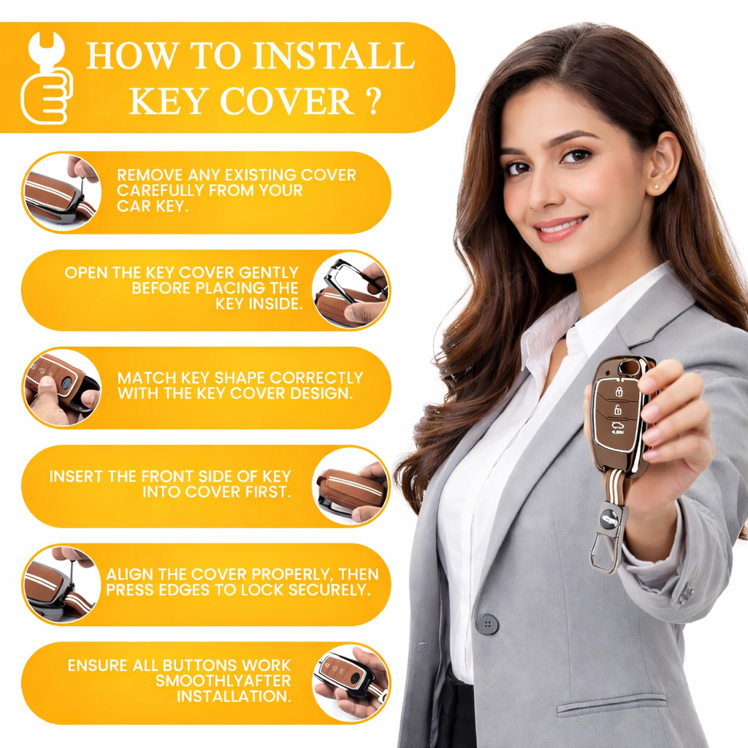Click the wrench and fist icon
[46, 77]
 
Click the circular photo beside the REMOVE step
[62, 192]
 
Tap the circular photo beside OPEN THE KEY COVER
[351, 291]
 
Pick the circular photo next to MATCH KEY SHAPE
[62, 387]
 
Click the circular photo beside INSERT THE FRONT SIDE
[351, 486]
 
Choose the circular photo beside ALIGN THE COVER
[62, 584]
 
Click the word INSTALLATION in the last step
[234, 696]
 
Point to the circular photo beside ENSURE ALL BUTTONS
[351, 683]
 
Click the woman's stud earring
[658, 188]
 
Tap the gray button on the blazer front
[487, 624]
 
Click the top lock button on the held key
[619, 392]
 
